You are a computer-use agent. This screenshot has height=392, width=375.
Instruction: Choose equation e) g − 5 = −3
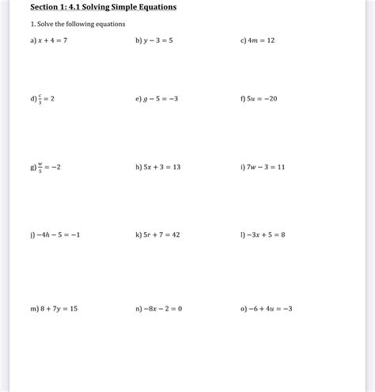[160, 99]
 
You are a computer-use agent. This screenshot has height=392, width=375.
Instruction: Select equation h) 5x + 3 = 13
[162, 167]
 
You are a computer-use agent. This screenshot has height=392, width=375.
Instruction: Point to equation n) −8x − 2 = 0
[162, 308]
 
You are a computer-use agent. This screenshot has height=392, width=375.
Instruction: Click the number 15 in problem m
[72, 308]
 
